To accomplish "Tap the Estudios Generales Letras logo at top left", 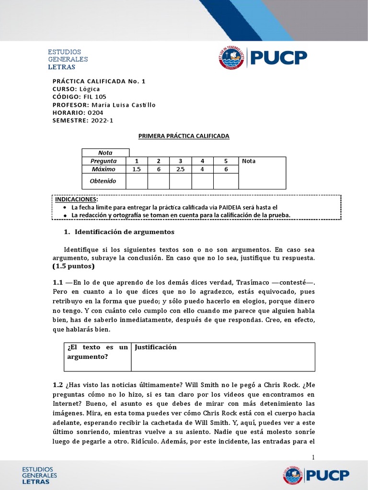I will (68, 59).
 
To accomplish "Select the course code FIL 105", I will (95, 97).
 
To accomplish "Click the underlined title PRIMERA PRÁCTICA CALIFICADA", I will (184, 136).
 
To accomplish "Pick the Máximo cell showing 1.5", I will (137, 169).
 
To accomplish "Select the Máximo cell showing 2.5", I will (180, 169).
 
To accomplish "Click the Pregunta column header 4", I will (202, 161).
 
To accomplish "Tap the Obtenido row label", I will (103, 181).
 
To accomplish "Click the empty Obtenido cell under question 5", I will (225, 181).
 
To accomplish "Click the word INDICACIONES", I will (76, 199).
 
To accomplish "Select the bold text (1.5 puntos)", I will (74, 266).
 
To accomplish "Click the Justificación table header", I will (156, 347).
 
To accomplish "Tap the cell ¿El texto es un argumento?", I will (98, 352).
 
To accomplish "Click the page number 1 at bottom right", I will (313, 457).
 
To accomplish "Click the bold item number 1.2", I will (57, 385).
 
